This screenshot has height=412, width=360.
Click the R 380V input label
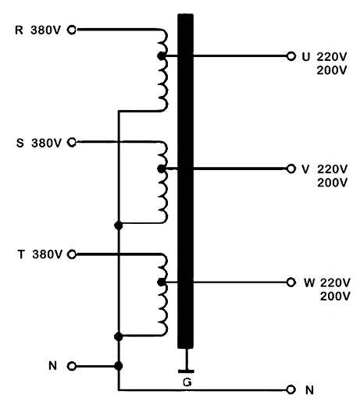pos(39,30)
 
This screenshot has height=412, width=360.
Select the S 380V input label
pos(39,143)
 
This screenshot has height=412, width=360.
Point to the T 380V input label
pos(39,254)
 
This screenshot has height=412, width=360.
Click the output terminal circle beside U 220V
pos(291,57)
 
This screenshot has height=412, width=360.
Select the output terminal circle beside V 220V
pos(291,169)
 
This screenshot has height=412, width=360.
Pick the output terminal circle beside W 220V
pos(291,281)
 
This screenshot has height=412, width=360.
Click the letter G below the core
pos(185,383)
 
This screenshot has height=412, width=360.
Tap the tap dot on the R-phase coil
pos(161,57)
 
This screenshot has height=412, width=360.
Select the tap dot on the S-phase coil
pos(161,169)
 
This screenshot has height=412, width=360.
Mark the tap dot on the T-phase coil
pos(161,281)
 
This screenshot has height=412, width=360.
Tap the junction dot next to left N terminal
pos(118,365)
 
